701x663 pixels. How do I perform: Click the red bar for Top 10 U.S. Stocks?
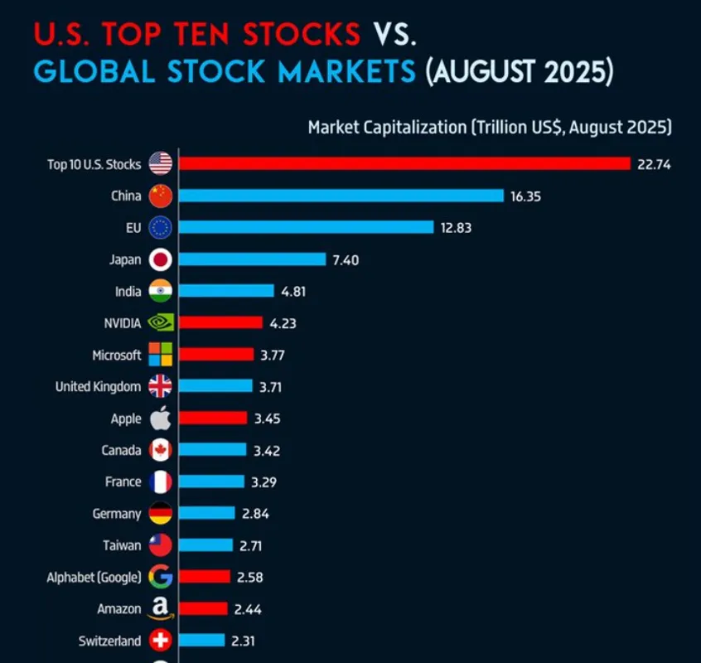point(404,163)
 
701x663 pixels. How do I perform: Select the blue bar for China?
point(341,196)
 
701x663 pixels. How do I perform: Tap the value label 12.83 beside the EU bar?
point(456,228)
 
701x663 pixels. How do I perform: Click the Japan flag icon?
point(161,259)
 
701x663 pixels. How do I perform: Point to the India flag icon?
point(161,292)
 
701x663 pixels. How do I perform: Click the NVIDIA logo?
point(161,323)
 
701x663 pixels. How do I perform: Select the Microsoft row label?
point(117,356)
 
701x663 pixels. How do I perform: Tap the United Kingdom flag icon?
point(161,387)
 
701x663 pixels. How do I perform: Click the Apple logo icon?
point(161,419)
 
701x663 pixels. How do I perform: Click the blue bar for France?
point(211,482)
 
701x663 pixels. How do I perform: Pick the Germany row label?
point(117,514)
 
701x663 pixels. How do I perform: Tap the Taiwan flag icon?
point(161,545)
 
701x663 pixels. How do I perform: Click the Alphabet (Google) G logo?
point(161,577)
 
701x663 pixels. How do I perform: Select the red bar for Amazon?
point(203,609)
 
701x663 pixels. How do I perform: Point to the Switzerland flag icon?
point(161,641)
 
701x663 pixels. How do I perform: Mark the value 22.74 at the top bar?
point(654,164)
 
